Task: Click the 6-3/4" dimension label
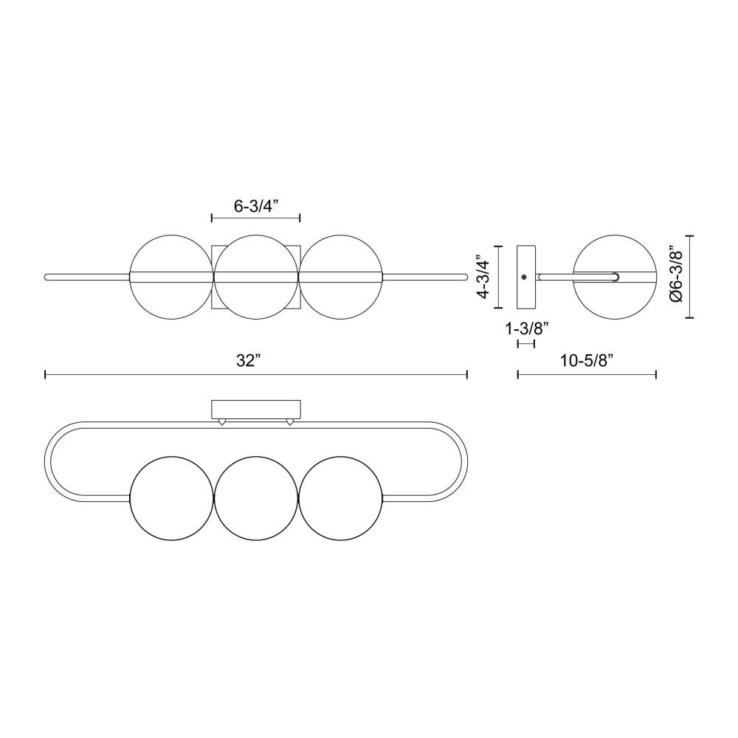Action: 256,206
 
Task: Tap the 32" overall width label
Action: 249,361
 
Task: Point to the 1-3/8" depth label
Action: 527,328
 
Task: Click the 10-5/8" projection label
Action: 587,361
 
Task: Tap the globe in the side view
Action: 615,277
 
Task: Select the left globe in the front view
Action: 171,277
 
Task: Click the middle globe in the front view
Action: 256,277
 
